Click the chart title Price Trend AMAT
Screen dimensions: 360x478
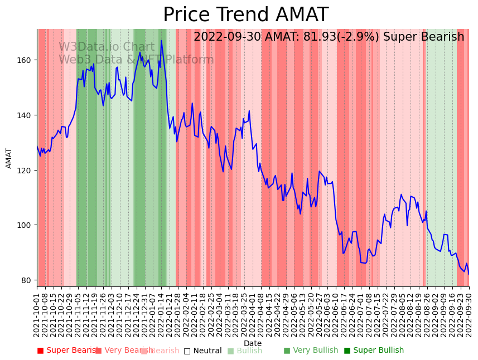(x=245, y=15)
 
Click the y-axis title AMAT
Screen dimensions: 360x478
(x=9, y=158)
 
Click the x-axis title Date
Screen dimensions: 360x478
(x=253, y=343)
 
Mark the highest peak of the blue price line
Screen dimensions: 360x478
(x=161, y=40)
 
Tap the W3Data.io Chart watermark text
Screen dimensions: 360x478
(x=107, y=47)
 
